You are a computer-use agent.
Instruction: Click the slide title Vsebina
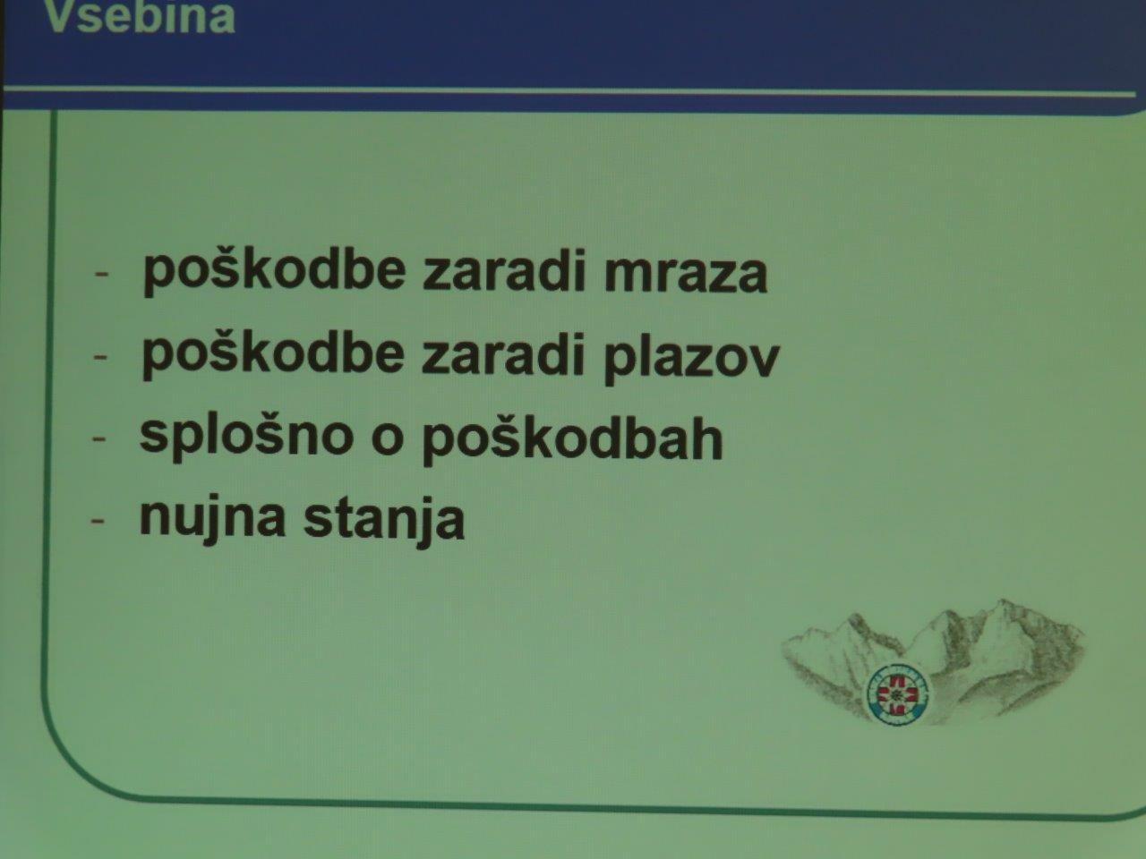click(x=140, y=17)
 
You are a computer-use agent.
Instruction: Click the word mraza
click(x=686, y=273)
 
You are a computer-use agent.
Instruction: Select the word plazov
click(x=692, y=358)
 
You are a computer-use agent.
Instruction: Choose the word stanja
click(x=384, y=522)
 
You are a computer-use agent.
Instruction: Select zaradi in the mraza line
click(x=504, y=271)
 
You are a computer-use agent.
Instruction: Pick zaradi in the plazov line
click(x=503, y=355)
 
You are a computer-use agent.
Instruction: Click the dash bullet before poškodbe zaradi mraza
click(x=101, y=274)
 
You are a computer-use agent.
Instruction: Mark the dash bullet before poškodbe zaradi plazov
click(x=100, y=357)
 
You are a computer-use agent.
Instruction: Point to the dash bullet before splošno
click(x=99, y=439)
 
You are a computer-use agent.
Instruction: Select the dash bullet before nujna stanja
click(x=98, y=521)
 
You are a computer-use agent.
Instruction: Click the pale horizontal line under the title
click(x=569, y=92)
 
